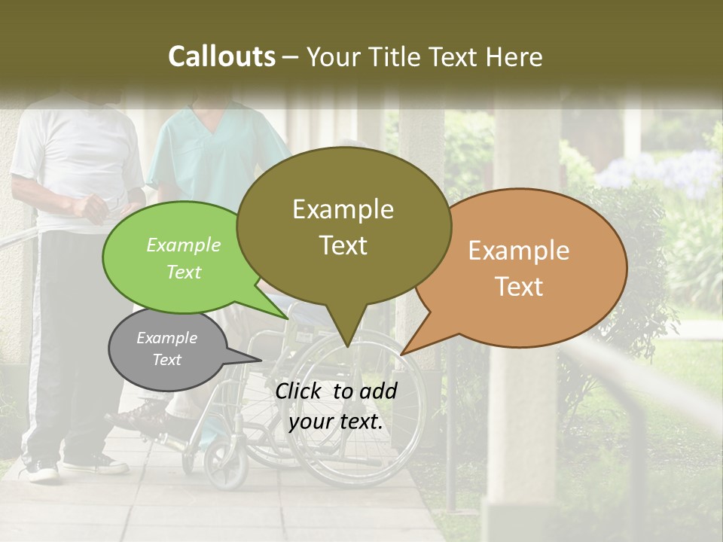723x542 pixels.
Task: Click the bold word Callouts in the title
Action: pos(221,56)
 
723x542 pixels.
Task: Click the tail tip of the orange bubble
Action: pos(401,354)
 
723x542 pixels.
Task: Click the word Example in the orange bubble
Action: pos(519,251)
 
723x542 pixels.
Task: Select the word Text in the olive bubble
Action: pos(343,245)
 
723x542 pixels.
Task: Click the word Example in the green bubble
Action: pos(184,245)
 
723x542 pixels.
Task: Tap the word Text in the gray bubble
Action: pos(167,360)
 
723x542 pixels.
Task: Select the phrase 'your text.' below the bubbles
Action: pos(336,422)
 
